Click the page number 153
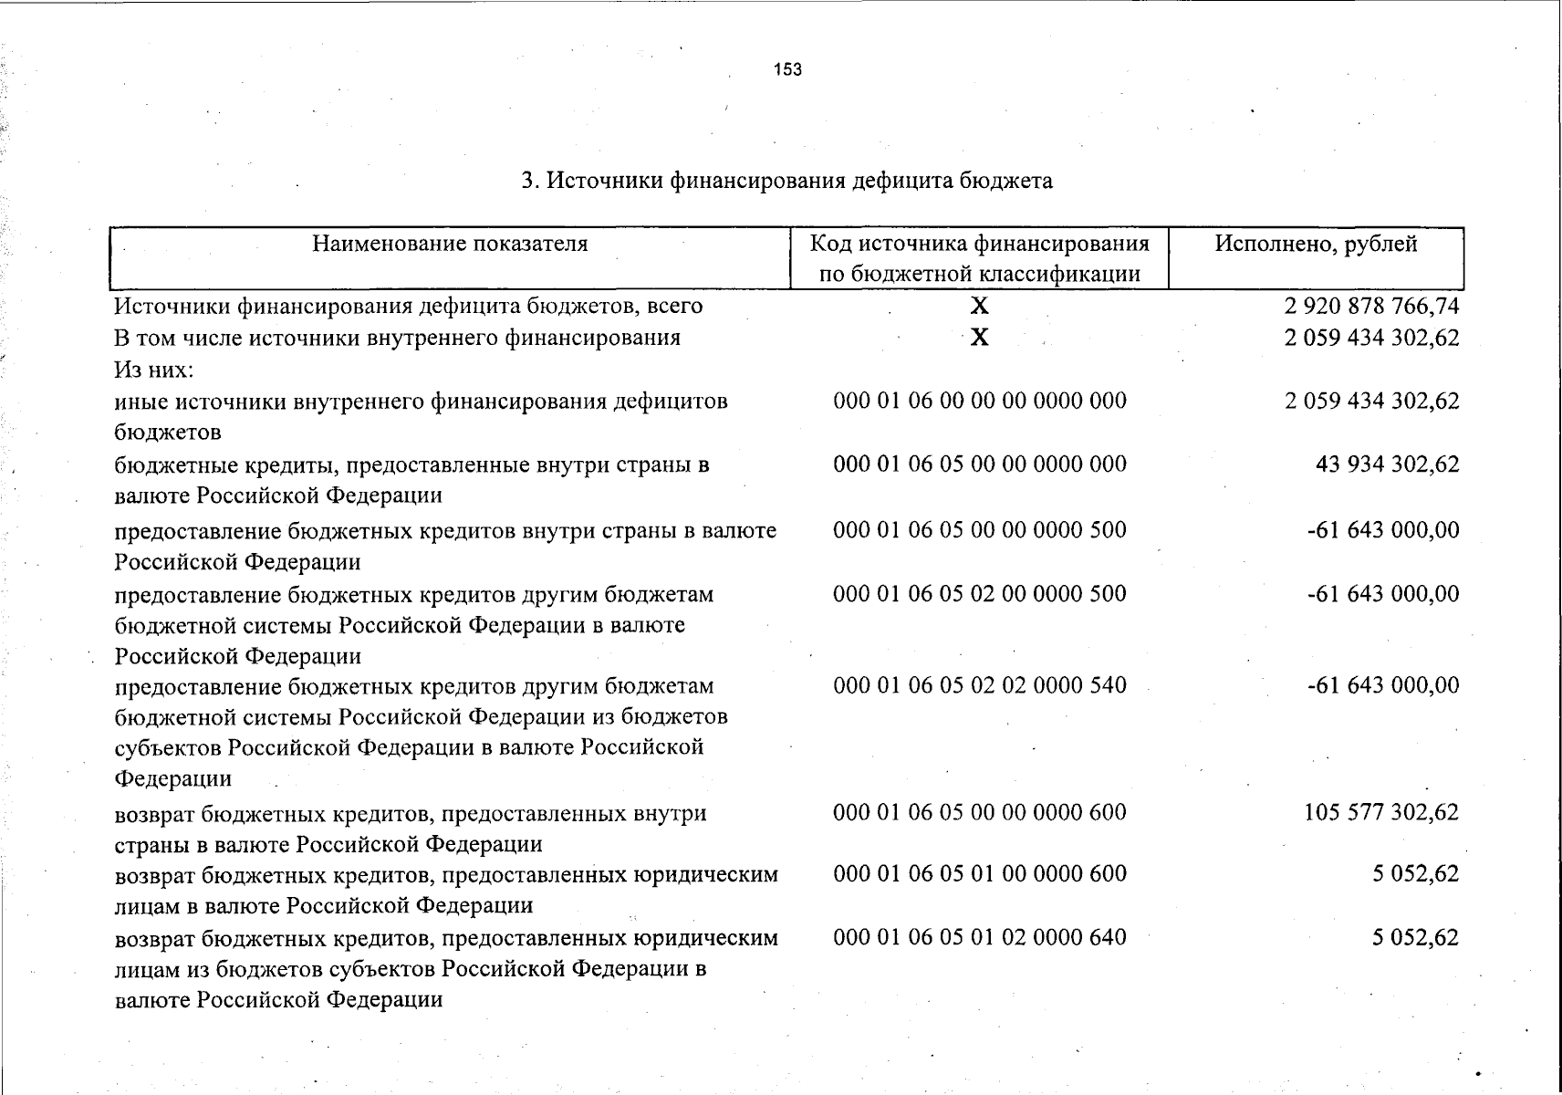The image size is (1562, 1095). tap(787, 69)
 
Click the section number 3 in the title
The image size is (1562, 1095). tap(527, 181)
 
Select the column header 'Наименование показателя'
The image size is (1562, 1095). tap(450, 244)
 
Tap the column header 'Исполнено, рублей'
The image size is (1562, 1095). tap(1316, 244)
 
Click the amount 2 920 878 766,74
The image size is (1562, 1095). tap(1371, 306)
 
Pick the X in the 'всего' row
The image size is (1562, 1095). tap(979, 306)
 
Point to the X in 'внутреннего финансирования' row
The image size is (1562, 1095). tap(979, 338)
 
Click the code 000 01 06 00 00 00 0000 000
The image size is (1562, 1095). tap(980, 401)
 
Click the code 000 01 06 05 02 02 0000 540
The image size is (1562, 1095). tap(980, 685)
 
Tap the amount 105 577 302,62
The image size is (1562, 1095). tap(1381, 812)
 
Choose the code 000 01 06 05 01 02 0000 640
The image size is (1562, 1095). tap(980, 937)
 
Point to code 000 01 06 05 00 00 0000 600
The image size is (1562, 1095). tap(980, 812)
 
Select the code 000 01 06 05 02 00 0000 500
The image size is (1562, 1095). tap(980, 594)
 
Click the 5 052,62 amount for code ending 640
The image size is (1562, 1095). tap(1415, 937)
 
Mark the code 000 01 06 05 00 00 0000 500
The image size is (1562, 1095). tap(980, 530)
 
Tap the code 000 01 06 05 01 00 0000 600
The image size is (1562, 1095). tap(980, 874)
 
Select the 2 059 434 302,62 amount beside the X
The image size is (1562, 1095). tap(1371, 338)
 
